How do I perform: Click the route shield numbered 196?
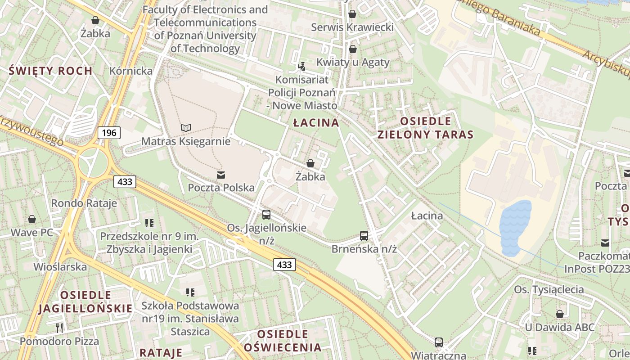tap(109, 132)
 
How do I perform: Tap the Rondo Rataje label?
tap(84, 203)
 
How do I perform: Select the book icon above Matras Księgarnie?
tap(185, 128)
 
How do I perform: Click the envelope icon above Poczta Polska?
tap(221, 175)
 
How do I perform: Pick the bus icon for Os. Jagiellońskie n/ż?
tap(266, 214)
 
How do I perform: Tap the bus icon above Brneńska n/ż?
tap(364, 235)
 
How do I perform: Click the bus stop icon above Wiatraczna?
tap(438, 342)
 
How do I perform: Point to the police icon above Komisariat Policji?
tap(302, 67)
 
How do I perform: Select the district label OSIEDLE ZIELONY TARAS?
tap(425, 128)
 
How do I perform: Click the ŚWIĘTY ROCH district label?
tap(51, 71)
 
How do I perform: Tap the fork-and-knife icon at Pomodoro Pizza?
tap(59, 328)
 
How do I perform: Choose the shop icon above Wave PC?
tap(32, 219)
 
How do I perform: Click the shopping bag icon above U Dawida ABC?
tap(560, 314)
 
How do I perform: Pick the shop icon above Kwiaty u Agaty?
tap(353, 49)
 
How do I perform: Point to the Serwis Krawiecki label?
tap(352, 27)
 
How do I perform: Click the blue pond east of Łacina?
tap(515, 227)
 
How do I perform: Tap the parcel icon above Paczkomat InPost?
tap(605, 243)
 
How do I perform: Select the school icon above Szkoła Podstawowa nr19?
tap(190, 292)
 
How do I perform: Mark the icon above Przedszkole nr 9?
tap(149, 223)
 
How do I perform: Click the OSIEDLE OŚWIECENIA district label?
tap(283, 341)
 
